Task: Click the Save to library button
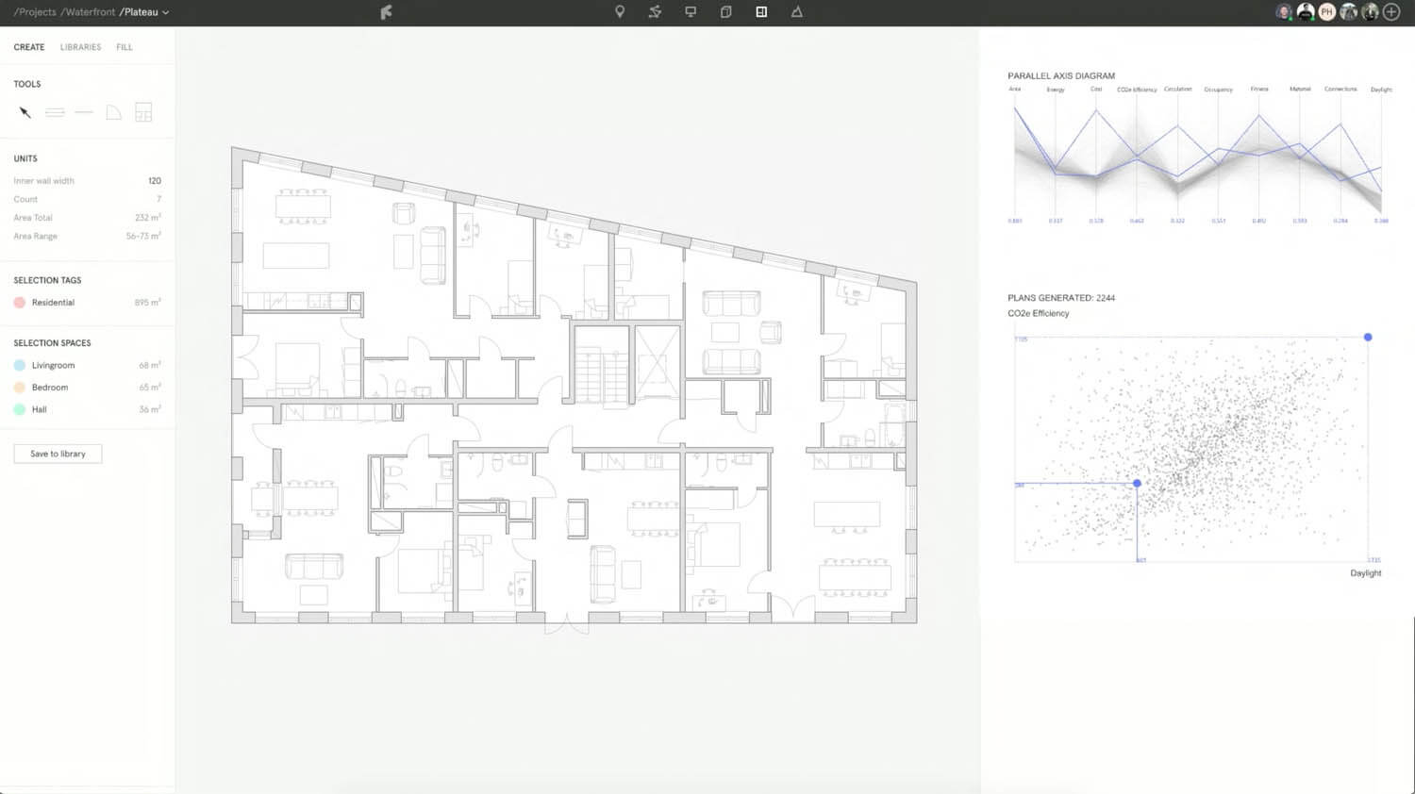[58, 454]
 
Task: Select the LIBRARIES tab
[80, 47]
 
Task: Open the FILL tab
[125, 47]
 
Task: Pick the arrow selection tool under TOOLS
[25, 112]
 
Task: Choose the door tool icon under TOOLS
[113, 112]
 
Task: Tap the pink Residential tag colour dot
[19, 303]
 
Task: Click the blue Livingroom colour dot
[19, 365]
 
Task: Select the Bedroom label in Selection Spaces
[50, 388]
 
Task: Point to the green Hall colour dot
[19, 409]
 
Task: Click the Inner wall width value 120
[155, 181]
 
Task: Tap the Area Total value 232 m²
[147, 218]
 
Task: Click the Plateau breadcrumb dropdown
[144, 12]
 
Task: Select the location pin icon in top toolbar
[620, 12]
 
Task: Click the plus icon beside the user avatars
[1391, 12]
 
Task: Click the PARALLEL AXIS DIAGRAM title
[1061, 75]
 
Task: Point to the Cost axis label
[1096, 90]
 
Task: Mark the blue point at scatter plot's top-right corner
[1368, 337]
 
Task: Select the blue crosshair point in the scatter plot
[1137, 483]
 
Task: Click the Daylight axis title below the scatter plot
[1365, 573]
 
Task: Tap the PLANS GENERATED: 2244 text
[1061, 298]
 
